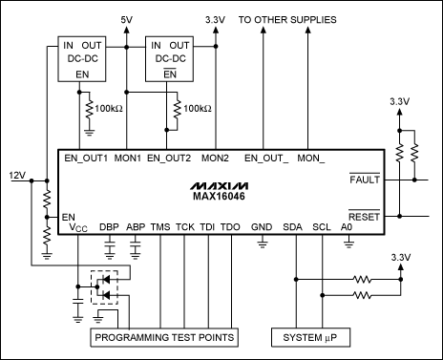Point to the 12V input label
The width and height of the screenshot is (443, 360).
click(x=16, y=176)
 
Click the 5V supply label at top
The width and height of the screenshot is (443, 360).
click(x=128, y=18)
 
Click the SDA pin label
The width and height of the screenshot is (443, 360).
click(x=292, y=228)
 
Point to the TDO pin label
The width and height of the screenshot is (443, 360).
click(x=229, y=228)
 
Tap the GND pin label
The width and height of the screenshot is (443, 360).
click(x=261, y=228)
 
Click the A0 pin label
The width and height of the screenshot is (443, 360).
click(x=348, y=228)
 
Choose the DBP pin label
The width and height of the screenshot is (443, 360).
click(x=110, y=228)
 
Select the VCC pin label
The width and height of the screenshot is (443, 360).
click(x=77, y=229)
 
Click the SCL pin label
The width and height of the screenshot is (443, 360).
click(x=321, y=228)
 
